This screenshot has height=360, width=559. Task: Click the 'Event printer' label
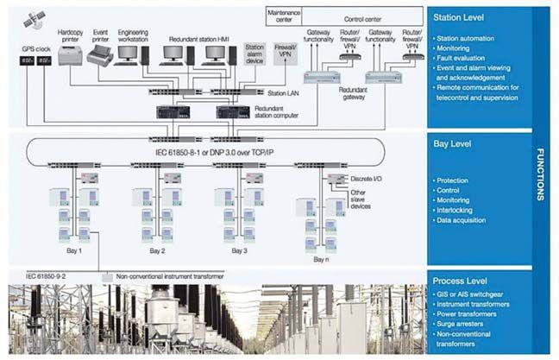pos(100,35)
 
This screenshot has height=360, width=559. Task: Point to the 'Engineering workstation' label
pos(134,35)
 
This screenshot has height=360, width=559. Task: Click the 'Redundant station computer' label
pos(286,111)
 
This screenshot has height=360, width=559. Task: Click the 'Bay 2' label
pos(156,250)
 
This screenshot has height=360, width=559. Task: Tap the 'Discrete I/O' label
pos(366,179)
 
